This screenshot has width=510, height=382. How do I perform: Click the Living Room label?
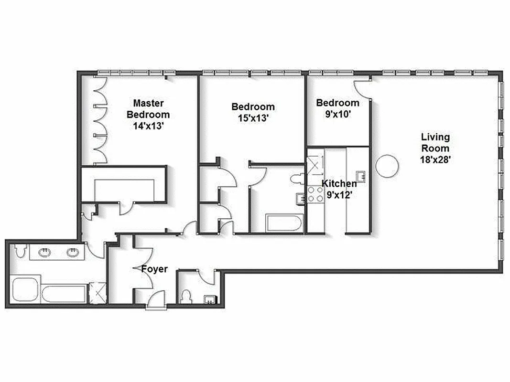434,143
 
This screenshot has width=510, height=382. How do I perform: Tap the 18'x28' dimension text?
434,160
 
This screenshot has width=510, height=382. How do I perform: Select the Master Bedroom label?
148,108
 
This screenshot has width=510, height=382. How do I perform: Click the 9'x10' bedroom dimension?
338,114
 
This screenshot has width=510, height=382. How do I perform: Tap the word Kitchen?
339,184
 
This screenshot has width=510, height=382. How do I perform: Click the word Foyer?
154,269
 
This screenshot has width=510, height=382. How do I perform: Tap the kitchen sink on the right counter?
362,176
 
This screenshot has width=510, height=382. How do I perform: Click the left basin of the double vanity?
45,252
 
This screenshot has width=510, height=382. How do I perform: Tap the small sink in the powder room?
209,299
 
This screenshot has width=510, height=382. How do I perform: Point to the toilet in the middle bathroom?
297,180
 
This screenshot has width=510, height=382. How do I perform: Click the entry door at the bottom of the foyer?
155,300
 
